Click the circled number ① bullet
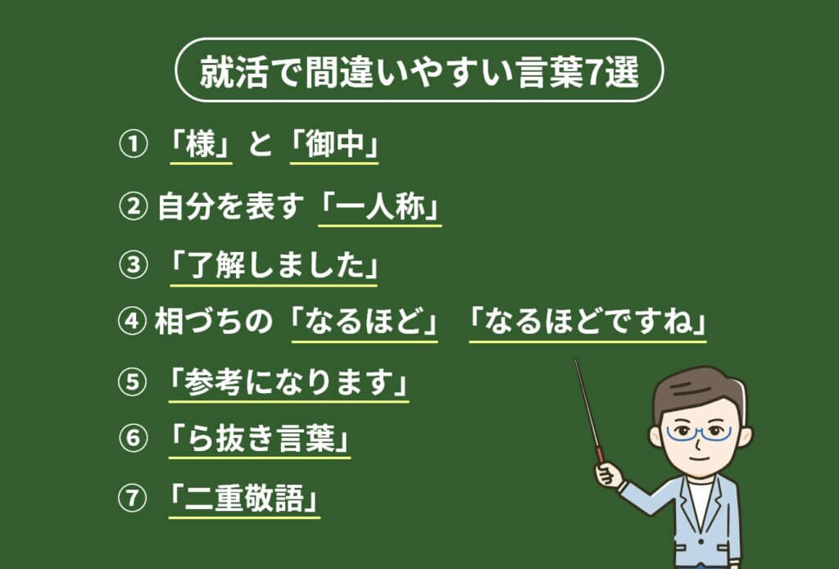(132, 144)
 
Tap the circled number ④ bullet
(132, 321)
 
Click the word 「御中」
(334, 144)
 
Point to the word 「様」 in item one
(202, 144)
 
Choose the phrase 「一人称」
(380, 206)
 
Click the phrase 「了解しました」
(274, 266)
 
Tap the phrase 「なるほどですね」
(587, 322)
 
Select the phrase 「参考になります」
(289, 382)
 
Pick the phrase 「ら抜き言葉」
(260, 439)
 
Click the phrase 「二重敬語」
(244, 499)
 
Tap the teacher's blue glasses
(698, 433)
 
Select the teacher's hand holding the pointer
(609, 474)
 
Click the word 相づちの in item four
(214, 322)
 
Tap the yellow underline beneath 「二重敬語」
(244, 517)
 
